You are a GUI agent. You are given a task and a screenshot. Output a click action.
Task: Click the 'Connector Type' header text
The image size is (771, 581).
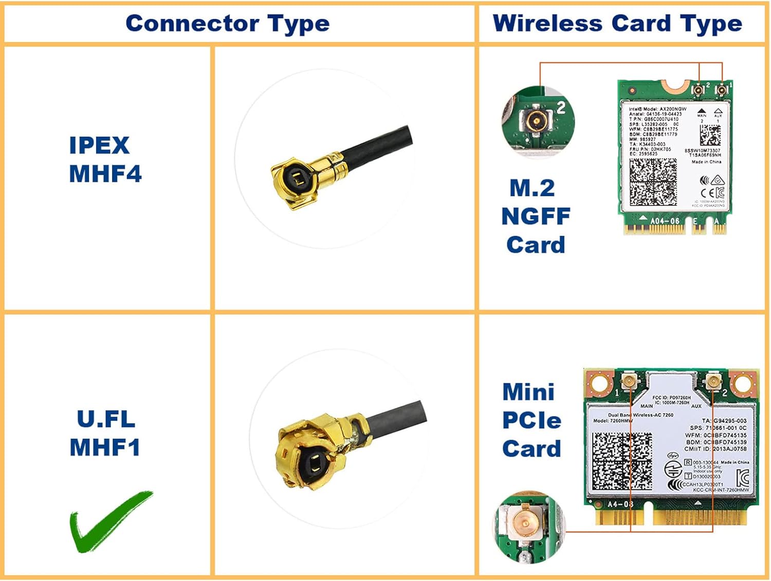227,24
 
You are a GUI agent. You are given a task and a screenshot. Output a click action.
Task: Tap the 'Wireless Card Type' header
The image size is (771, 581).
617,24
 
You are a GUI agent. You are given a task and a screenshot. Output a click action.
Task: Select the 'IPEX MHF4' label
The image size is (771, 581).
105,159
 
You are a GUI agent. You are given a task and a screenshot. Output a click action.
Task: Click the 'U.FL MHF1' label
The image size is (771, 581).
105,433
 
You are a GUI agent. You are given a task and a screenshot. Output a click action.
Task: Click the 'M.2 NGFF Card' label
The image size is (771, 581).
536,216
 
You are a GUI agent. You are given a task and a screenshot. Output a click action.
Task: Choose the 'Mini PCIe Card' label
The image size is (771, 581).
531,420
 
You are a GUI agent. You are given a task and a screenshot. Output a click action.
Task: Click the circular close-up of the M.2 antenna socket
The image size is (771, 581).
538,122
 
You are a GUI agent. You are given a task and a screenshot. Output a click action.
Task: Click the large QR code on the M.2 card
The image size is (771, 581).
653,182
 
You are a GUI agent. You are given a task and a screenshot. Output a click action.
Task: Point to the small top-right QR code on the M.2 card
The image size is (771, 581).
710,135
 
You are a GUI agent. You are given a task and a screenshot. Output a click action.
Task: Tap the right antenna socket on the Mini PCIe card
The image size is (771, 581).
713,381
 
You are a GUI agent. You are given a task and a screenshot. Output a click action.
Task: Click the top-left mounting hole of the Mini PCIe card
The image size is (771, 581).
599,383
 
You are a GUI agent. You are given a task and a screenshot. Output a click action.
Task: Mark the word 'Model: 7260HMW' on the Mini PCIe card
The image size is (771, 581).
613,421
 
